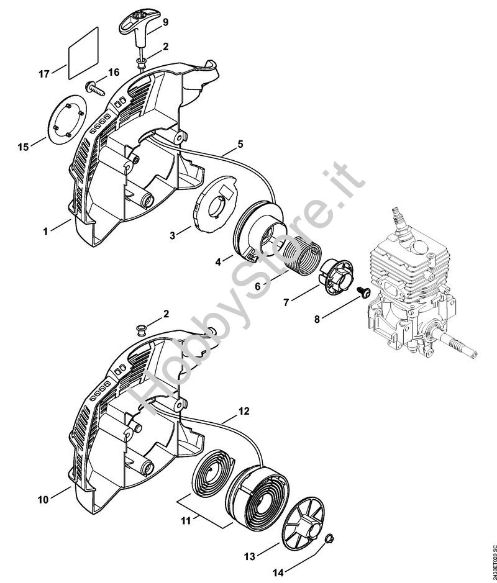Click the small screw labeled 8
coord(363,292)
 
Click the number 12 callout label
coord(244,411)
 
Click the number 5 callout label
coord(240,144)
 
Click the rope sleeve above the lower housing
coord(141,327)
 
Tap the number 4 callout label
coord(219,263)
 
